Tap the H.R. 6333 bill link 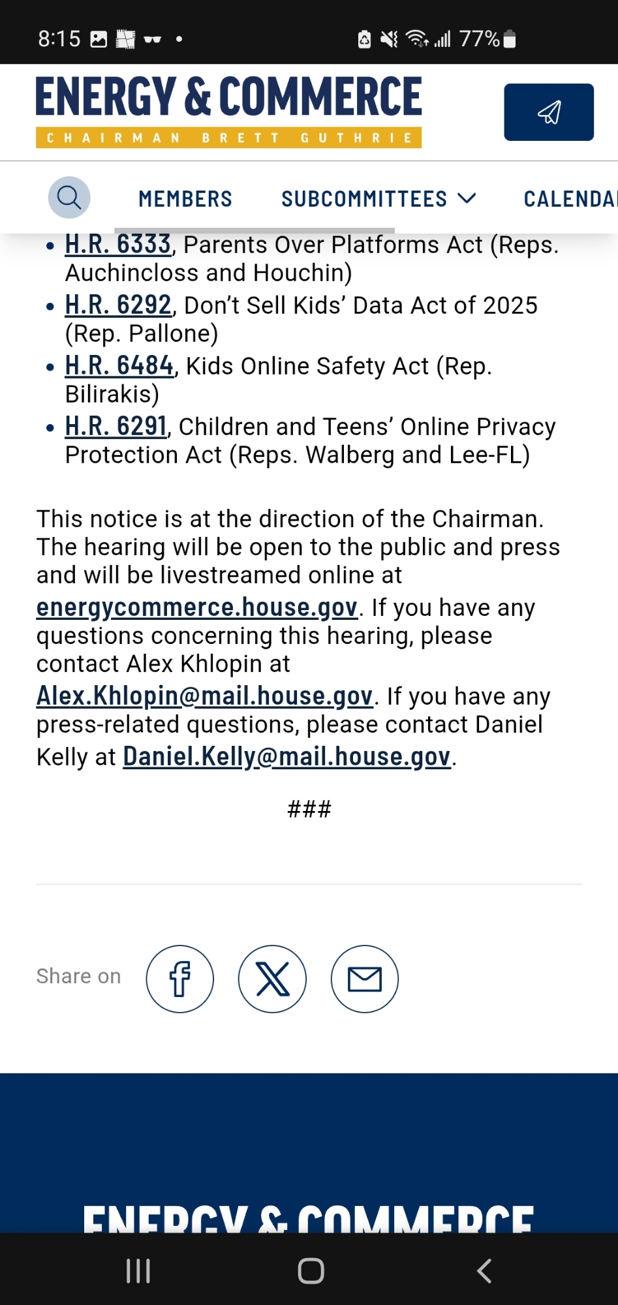click(x=117, y=245)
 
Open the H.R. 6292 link click(x=117, y=305)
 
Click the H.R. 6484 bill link click(x=119, y=366)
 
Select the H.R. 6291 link click(x=116, y=427)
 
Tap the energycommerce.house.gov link click(x=196, y=607)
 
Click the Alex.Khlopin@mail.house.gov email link click(x=204, y=696)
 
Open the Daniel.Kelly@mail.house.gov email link click(x=286, y=757)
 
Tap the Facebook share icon click(x=179, y=979)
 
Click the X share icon click(x=272, y=979)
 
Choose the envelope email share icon click(x=365, y=979)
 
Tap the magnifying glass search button click(x=69, y=197)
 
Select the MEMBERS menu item click(x=185, y=199)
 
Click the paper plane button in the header click(x=549, y=112)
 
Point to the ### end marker click(x=309, y=810)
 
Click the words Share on click(x=78, y=976)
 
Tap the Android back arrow click(x=484, y=1271)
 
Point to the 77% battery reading click(x=479, y=39)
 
